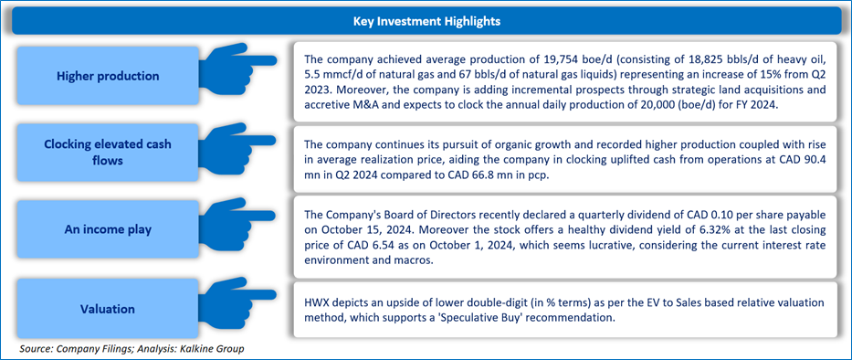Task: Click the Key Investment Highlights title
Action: [426, 22]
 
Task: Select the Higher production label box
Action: [108, 76]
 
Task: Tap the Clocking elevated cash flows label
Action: [108, 153]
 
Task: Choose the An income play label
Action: [108, 229]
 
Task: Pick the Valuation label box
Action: [108, 309]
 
